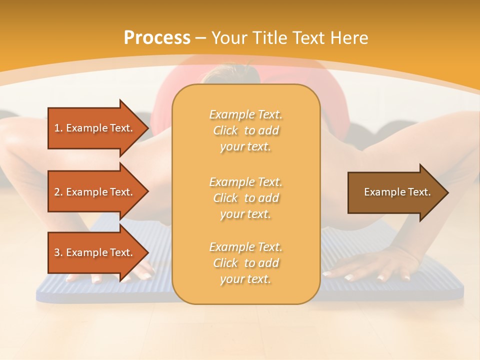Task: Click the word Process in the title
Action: (157, 38)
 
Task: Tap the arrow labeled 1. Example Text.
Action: (95, 128)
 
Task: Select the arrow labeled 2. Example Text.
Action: (95, 192)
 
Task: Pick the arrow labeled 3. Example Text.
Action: (95, 252)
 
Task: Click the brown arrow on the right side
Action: (395, 192)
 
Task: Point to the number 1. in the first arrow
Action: (58, 128)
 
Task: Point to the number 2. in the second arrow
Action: (58, 192)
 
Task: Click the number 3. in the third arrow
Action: (58, 252)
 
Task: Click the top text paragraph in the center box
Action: (245, 130)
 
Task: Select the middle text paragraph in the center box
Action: (245, 198)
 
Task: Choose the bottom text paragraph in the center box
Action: (245, 263)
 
